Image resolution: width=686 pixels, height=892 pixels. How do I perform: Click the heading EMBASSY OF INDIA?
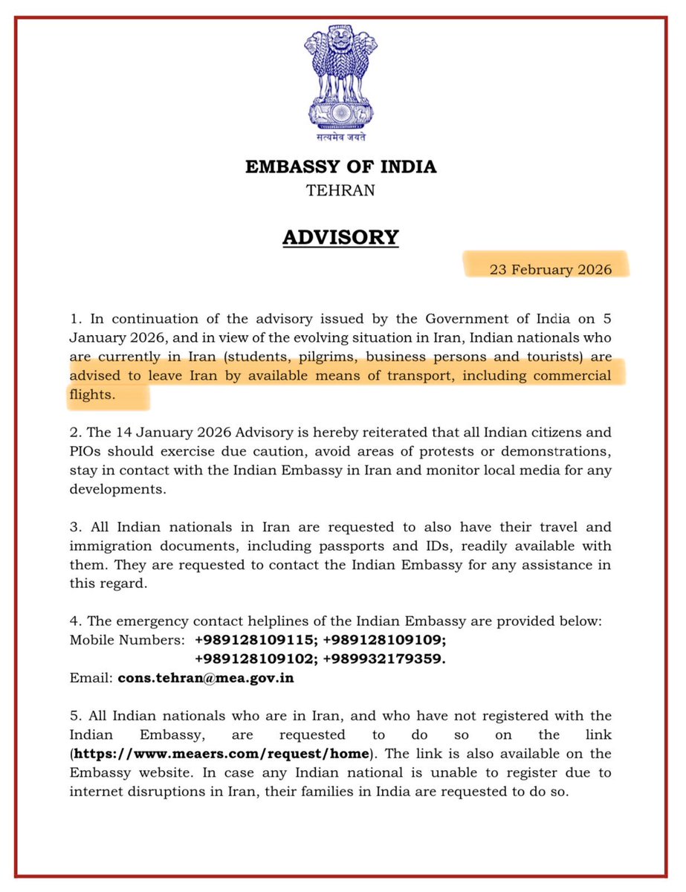[x=341, y=167]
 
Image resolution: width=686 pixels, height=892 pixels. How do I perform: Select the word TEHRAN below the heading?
[x=340, y=190]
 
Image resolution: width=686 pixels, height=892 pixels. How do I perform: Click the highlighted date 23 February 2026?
[x=551, y=269]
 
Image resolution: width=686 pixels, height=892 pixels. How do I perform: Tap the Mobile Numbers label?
[x=126, y=639]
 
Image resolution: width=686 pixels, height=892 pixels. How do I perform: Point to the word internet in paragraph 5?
[x=102, y=792]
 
